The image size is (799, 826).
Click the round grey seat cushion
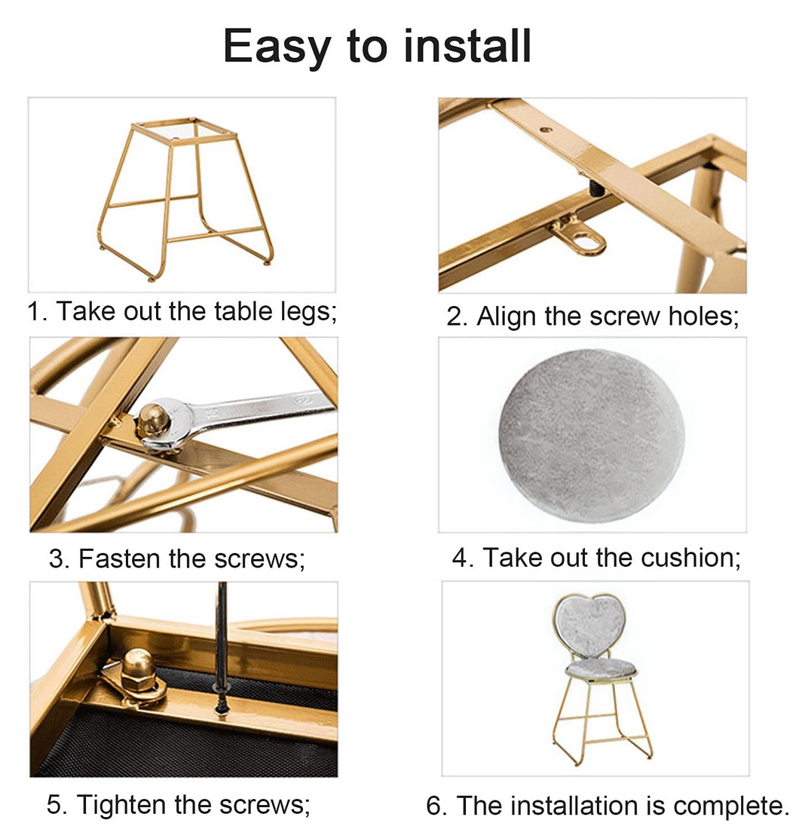(x=592, y=436)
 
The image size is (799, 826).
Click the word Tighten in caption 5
(x=122, y=804)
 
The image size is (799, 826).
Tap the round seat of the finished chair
(x=602, y=670)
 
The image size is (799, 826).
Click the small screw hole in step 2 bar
(x=546, y=129)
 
